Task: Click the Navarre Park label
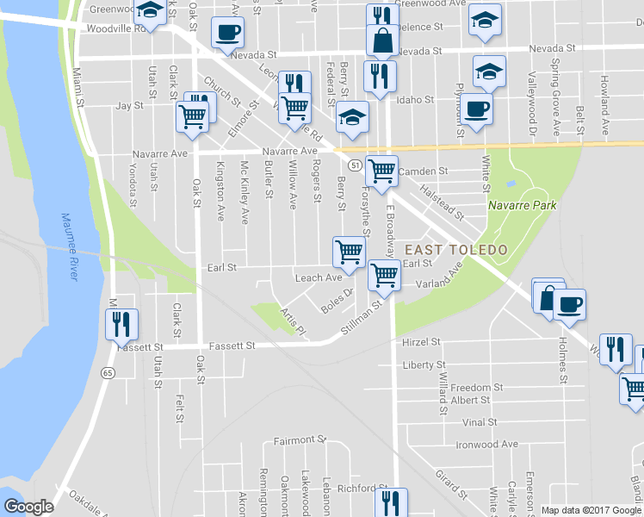click(x=522, y=205)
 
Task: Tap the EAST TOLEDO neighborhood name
click(x=449, y=250)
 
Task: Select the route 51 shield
click(x=354, y=164)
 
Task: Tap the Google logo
click(x=28, y=508)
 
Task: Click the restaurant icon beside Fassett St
click(x=120, y=324)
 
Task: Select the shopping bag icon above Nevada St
click(x=381, y=40)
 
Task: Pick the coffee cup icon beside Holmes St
click(x=570, y=303)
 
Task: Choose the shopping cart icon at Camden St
click(x=381, y=171)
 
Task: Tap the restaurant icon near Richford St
click(x=392, y=501)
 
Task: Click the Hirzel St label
click(x=421, y=342)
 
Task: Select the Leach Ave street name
click(x=319, y=278)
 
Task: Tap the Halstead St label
click(x=441, y=202)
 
